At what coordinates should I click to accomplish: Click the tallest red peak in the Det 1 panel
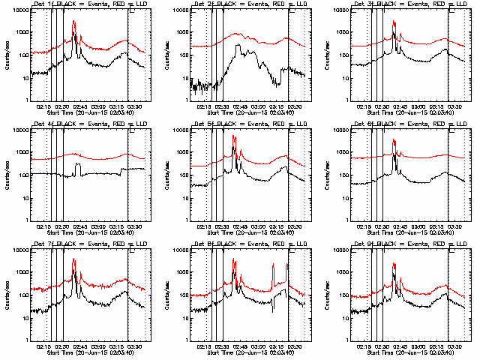[x=73, y=22]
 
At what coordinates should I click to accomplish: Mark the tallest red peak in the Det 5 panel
[x=234, y=136]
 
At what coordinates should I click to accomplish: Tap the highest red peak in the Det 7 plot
[x=73, y=259]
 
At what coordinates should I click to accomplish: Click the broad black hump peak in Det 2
[x=238, y=46]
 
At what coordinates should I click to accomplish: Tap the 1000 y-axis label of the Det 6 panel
[x=338, y=152]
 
